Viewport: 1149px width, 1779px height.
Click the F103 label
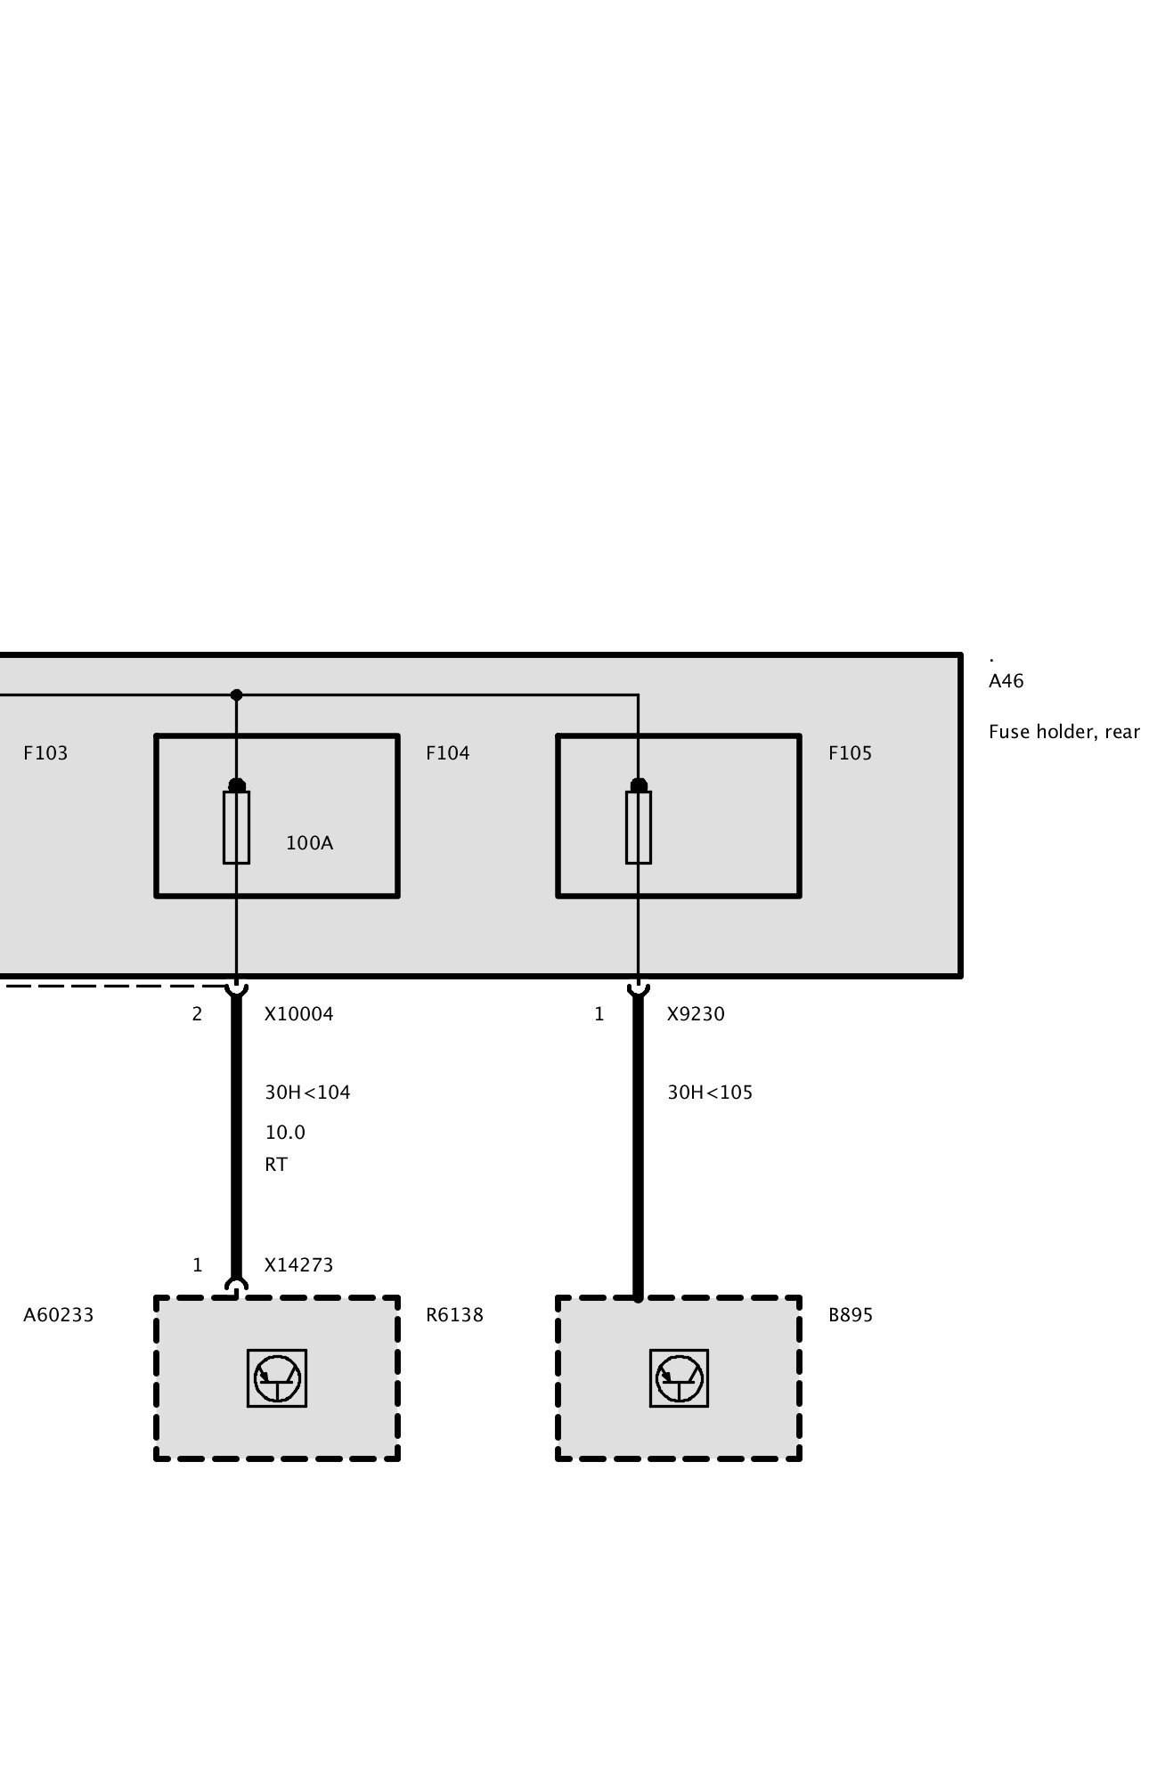[x=45, y=753]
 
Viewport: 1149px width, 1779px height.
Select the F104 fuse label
[x=447, y=753]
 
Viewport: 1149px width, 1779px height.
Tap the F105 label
[x=850, y=753]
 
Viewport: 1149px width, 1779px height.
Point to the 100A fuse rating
[x=309, y=843]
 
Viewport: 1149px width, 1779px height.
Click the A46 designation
[x=1006, y=681]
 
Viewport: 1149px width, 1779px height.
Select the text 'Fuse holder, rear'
[x=1063, y=732]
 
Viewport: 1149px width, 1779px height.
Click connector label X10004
[x=298, y=1014]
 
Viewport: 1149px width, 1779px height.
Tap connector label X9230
[x=696, y=1014]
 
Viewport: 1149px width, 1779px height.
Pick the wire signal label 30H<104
[x=307, y=1093]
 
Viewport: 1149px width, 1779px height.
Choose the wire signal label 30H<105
[x=710, y=1093]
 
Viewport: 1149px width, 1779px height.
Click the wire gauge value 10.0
[x=285, y=1133]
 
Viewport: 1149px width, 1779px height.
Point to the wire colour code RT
[x=276, y=1165]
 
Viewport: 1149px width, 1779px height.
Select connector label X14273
[x=298, y=1265]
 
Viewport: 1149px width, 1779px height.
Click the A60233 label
[x=58, y=1315]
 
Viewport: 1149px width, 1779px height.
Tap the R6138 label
[x=454, y=1315]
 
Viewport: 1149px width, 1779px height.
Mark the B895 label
[x=851, y=1315]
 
